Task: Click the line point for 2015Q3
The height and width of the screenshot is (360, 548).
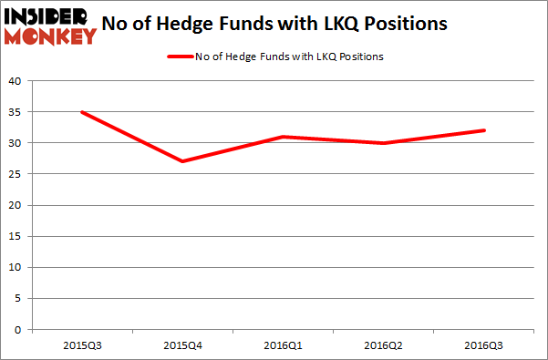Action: (x=84, y=112)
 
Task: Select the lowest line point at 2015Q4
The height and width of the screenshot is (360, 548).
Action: (x=183, y=161)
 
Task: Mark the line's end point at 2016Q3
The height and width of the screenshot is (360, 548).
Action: (x=484, y=130)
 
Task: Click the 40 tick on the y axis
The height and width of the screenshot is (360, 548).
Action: (x=16, y=81)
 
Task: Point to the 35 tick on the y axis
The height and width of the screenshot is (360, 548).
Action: (x=16, y=112)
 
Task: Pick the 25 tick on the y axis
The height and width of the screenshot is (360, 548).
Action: (x=16, y=174)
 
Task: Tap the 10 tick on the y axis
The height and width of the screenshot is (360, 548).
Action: (x=16, y=268)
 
